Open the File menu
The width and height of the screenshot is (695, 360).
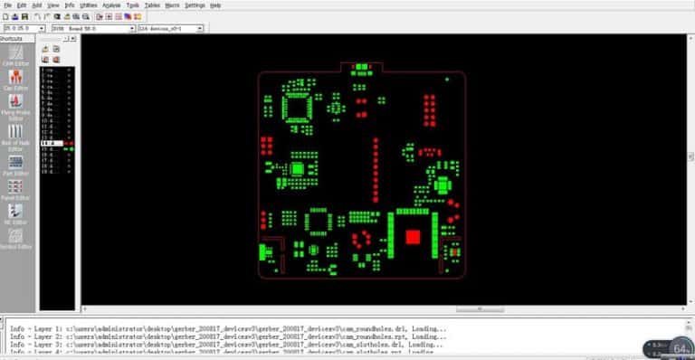tap(7, 5)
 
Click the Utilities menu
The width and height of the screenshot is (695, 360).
tap(89, 5)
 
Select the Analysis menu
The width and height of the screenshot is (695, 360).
tap(111, 5)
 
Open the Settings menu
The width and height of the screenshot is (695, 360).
tap(195, 5)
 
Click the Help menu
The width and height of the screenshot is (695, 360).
tap(215, 5)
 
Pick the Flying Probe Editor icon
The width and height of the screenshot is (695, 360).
tap(15, 108)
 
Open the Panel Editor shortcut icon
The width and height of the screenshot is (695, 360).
tap(15, 188)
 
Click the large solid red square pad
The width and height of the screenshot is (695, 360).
tap(413, 237)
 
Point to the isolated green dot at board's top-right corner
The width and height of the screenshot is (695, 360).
tap(447, 79)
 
